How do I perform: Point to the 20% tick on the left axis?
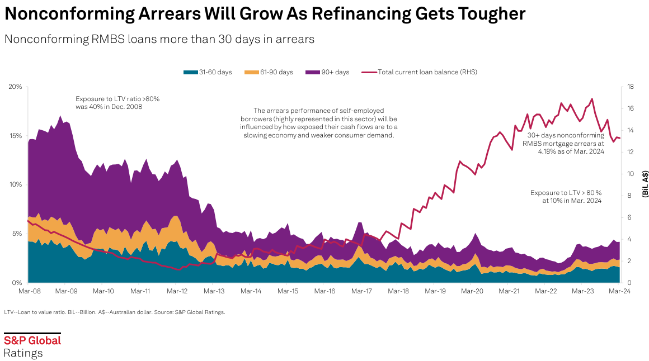(x=15, y=87)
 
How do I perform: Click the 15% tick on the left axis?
(x=15, y=136)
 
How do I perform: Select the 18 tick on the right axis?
(x=629, y=87)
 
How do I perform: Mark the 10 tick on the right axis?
(x=629, y=174)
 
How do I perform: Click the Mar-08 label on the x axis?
(x=29, y=291)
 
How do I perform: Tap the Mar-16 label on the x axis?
(x=324, y=291)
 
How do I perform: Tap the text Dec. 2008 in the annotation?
(x=125, y=106)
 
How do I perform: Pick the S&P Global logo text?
(x=32, y=340)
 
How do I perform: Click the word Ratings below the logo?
(x=23, y=353)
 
